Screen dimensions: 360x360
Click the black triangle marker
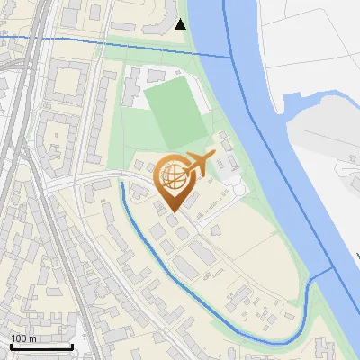181,24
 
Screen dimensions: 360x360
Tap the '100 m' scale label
24,338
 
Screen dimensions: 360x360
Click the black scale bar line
41,346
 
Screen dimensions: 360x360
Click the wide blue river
270,135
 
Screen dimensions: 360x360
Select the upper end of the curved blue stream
121,183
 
